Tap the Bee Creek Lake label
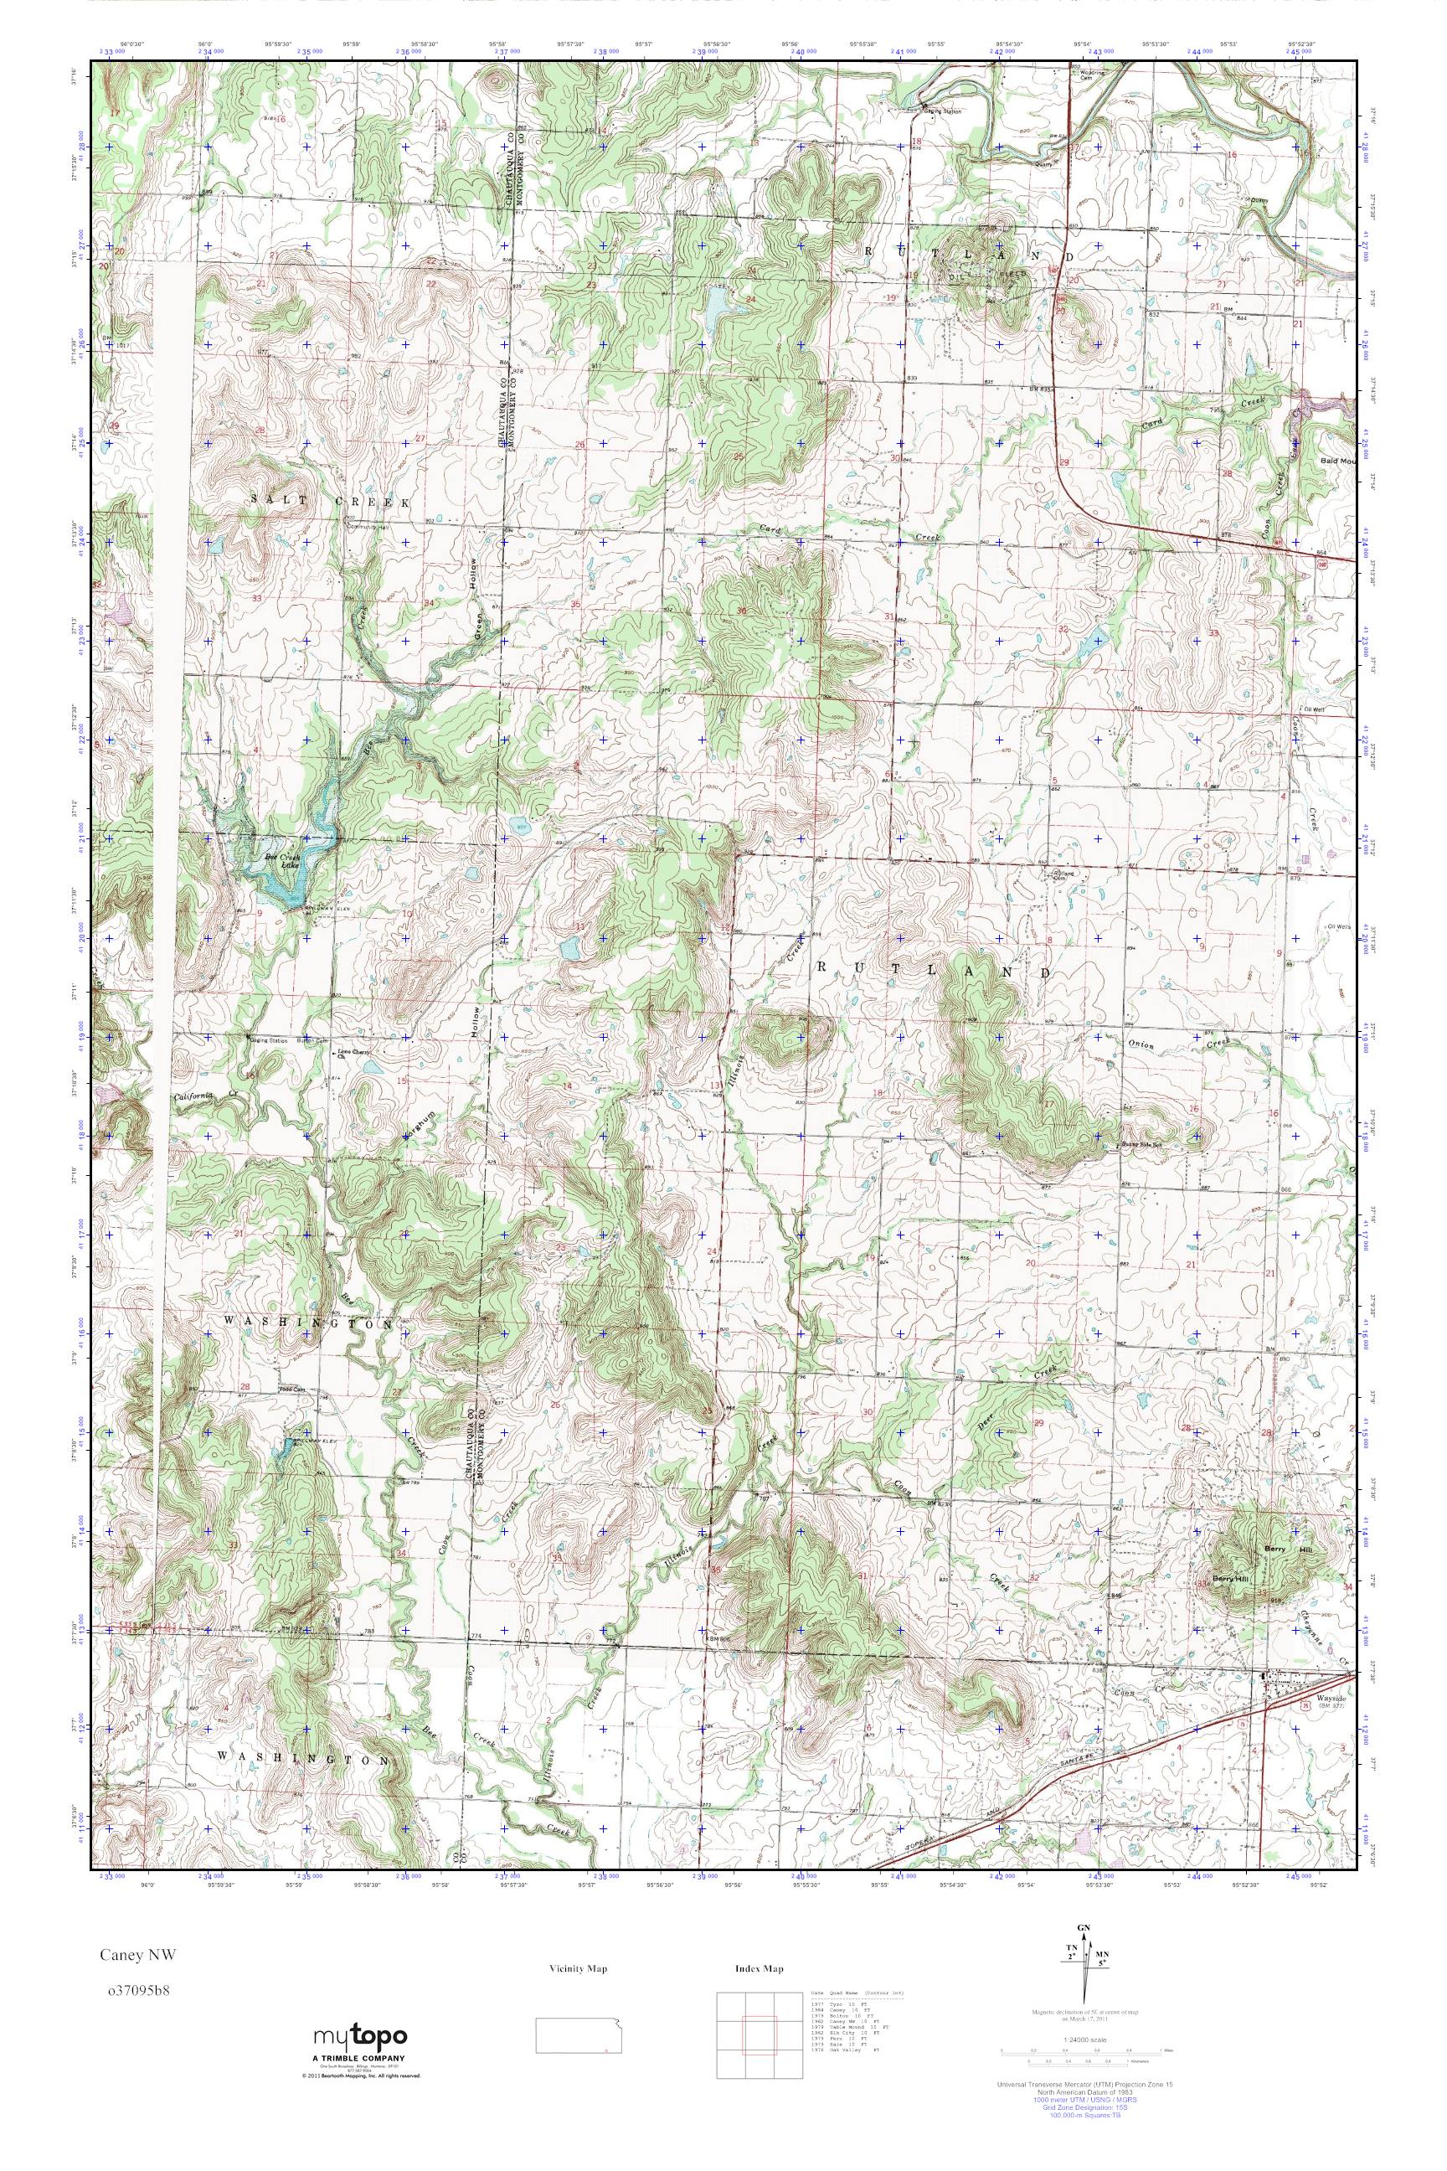(282, 860)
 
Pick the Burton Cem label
(318, 1040)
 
